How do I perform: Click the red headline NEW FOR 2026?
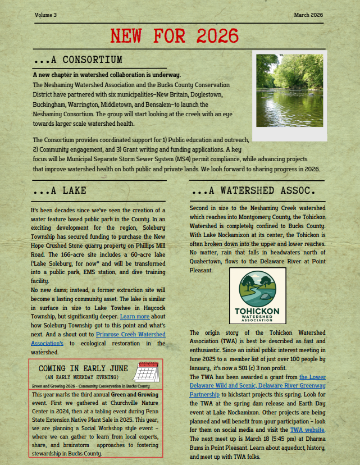coord(174,37)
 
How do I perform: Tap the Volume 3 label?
coord(45,15)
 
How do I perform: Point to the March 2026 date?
coord(308,15)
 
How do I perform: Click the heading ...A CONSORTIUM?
coord(78,60)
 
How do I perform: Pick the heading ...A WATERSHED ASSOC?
coord(257,191)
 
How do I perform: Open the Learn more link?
coord(135,316)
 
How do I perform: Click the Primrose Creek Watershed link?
coord(130,334)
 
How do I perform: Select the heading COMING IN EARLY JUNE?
coord(83,368)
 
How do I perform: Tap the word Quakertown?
coord(208,261)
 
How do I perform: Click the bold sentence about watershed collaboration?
coord(107,75)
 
